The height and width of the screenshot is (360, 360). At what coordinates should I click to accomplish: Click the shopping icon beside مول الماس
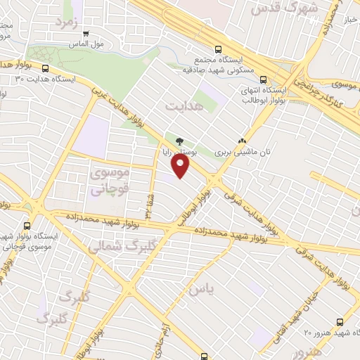click(86, 33)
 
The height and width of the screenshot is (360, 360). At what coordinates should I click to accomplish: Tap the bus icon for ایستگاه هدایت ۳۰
click(46, 69)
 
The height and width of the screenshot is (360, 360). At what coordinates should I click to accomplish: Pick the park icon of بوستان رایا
click(181, 141)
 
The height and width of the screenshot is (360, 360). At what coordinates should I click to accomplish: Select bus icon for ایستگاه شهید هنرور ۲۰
click(340, 321)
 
